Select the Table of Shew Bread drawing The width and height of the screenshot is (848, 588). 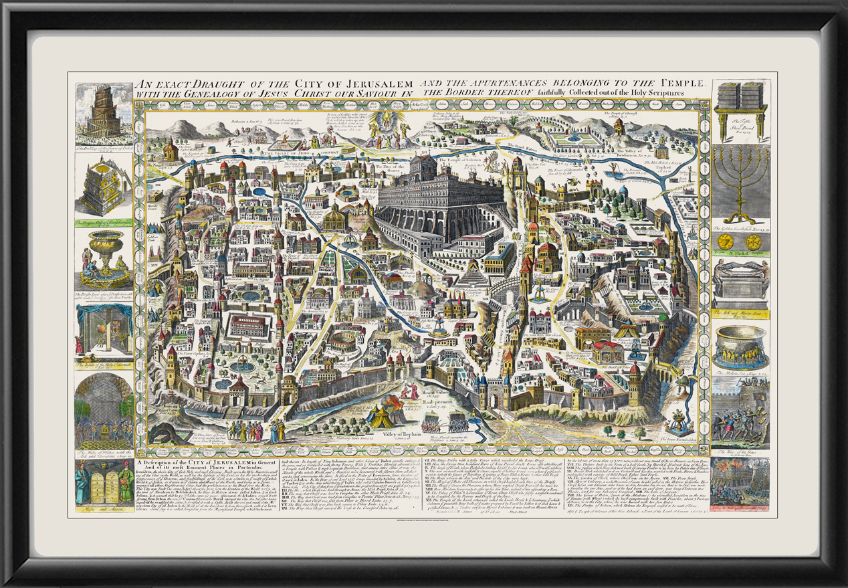coord(740,110)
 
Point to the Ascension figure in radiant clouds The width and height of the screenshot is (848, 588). coord(393,124)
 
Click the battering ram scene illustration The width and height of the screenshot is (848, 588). coord(740,411)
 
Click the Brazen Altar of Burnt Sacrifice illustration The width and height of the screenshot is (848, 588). coord(104,187)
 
